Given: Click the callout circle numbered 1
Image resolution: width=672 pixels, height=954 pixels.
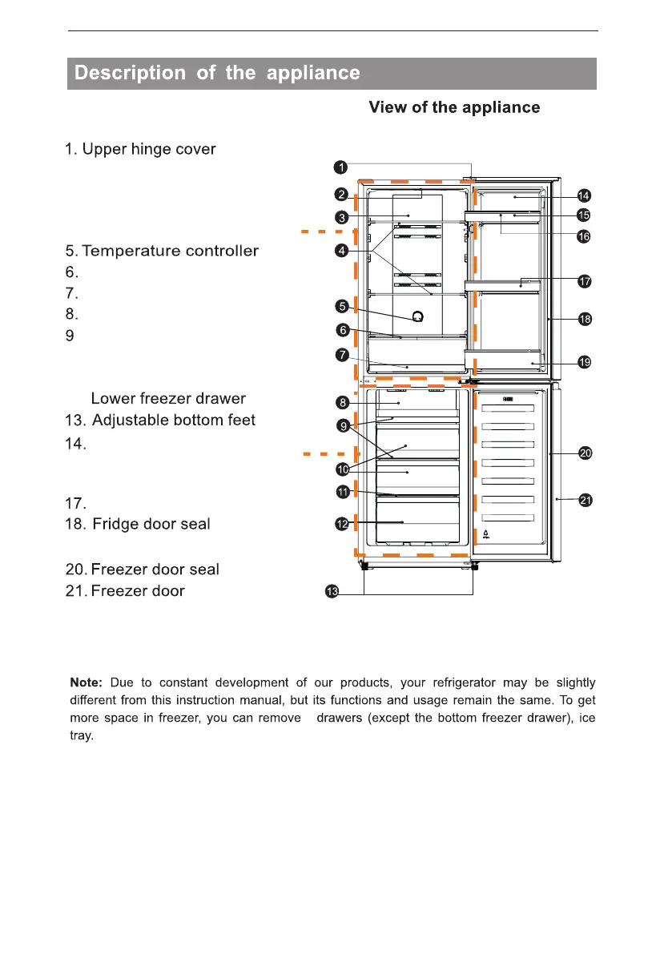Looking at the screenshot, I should [340, 167].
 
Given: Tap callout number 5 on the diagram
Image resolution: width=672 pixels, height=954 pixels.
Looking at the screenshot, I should [342, 306].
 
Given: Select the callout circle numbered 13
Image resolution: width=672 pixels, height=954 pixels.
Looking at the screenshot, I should [331, 592].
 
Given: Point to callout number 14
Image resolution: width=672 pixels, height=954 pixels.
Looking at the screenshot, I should [584, 195].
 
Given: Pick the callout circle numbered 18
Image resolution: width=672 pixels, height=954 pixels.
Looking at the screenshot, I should [585, 319].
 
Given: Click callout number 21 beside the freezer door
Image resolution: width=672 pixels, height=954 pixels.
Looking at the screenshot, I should [585, 501].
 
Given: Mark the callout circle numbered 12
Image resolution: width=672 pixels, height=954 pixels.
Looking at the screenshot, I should [341, 524].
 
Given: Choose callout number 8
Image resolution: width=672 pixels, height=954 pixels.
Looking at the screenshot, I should [341, 401].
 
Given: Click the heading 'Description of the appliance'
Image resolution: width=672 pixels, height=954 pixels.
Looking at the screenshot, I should [217, 74].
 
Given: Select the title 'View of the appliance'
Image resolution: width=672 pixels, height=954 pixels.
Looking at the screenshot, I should [454, 107].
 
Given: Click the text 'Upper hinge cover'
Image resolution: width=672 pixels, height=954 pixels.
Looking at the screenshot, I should [149, 150].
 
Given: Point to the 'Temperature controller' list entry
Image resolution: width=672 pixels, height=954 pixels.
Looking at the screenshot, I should [170, 252].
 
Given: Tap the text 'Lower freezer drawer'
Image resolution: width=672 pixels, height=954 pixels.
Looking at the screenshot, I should [168, 399].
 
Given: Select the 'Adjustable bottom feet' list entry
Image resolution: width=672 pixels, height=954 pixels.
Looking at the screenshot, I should [174, 421].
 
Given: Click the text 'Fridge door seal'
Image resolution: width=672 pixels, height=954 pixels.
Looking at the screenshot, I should [151, 525].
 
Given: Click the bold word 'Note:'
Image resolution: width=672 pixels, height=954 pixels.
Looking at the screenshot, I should [86, 683].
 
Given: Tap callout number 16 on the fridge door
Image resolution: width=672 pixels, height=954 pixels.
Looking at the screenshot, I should [584, 236].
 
